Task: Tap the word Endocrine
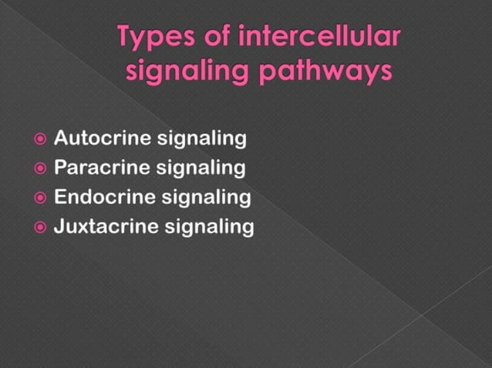pyautogui.click(x=105, y=197)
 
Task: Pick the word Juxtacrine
pyautogui.click(x=106, y=226)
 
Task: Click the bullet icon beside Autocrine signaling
pyautogui.click(x=41, y=139)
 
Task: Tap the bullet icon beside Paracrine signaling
pyautogui.click(x=41, y=168)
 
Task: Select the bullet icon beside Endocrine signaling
pyautogui.click(x=41, y=197)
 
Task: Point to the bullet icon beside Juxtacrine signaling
pyautogui.click(x=41, y=226)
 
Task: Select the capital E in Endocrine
pyautogui.click(x=61, y=197)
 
